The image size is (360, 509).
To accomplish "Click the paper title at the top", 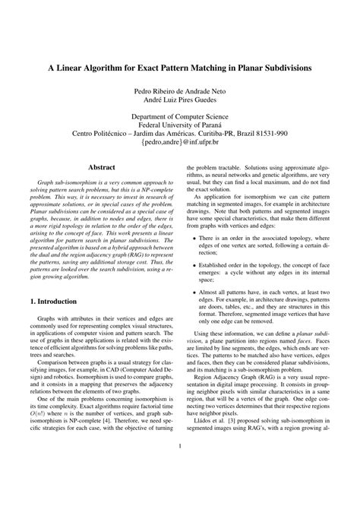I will click(180, 67).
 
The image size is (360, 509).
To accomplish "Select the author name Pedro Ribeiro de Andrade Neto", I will click(180, 91).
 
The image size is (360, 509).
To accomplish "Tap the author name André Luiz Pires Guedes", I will click(180, 101).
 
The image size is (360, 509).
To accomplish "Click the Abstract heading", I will click(101, 166).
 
